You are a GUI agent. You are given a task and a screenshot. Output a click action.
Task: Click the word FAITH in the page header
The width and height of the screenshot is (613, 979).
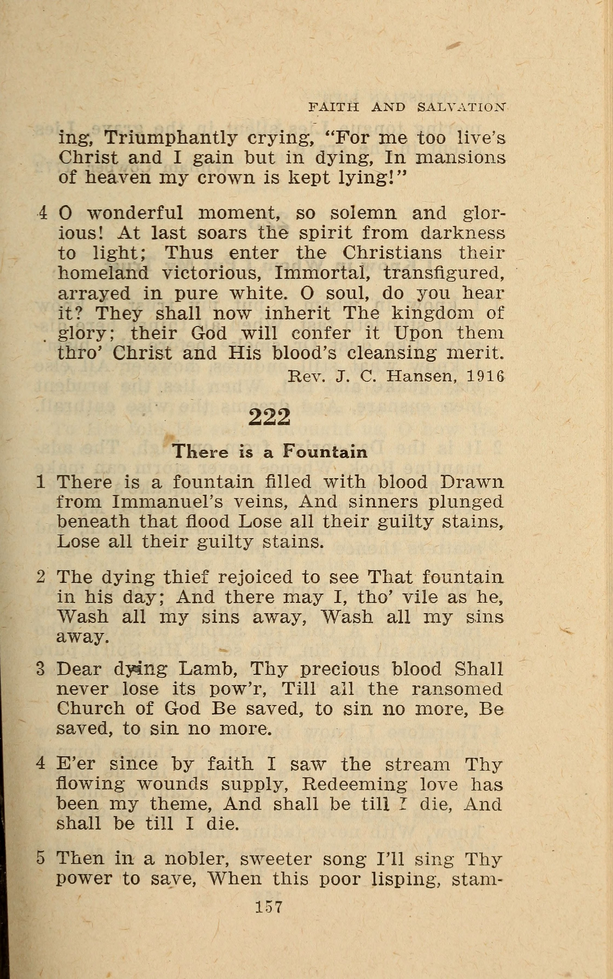[x=334, y=107]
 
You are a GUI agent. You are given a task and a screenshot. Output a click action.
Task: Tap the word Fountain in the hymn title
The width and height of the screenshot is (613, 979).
[x=325, y=451]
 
